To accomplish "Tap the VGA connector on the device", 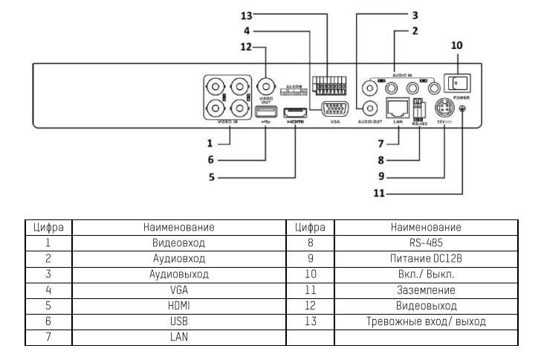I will pyautogui.click(x=334, y=109).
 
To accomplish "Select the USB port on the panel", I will pyautogui.click(x=266, y=112).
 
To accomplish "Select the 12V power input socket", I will pyautogui.click(x=444, y=106).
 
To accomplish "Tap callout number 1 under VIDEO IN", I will pyautogui.click(x=210, y=142).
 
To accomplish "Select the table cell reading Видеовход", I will pyautogui.click(x=178, y=242).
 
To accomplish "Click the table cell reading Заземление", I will pyautogui.click(x=426, y=290).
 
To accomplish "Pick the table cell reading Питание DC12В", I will pyautogui.click(x=426, y=258).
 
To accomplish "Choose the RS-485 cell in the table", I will pyautogui.click(x=426, y=242).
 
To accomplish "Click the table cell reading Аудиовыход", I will pyautogui.click(x=178, y=274).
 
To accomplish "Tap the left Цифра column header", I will pyautogui.click(x=48, y=227).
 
